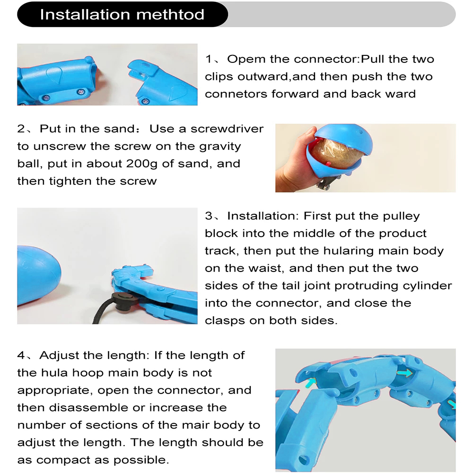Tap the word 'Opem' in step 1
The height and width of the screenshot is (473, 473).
[x=245, y=60]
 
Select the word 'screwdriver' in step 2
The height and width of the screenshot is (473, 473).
[x=227, y=129]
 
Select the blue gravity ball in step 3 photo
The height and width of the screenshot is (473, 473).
[x=38, y=276]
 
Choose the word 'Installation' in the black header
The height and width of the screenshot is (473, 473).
[x=85, y=15]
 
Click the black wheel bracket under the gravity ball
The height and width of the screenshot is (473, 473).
[x=327, y=182]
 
